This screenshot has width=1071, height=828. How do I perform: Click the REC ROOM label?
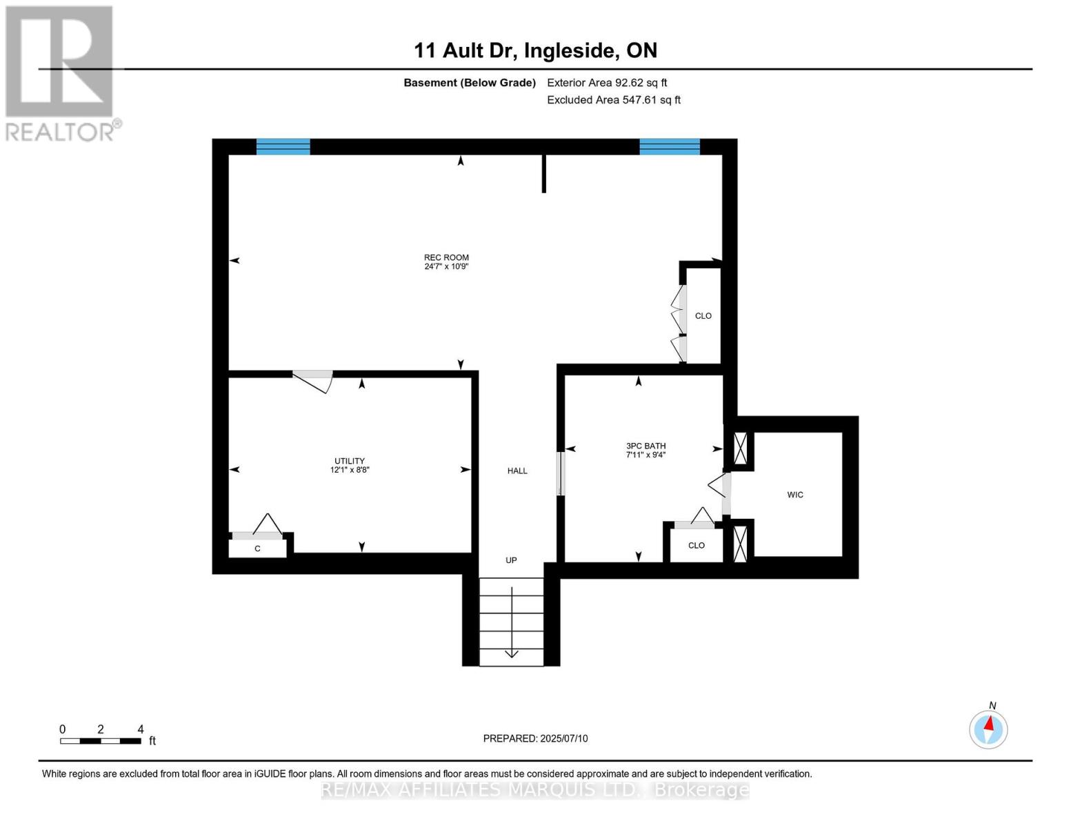(446, 257)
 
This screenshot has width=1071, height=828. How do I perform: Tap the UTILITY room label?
(350, 461)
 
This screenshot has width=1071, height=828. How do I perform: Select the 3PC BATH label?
(645, 446)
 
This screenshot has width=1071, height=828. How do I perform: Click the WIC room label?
(795, 495)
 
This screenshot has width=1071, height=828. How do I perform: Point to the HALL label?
(517, 471)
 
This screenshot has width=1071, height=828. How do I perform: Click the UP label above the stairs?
(511, 560)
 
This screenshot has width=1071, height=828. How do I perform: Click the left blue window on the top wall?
(283, 146)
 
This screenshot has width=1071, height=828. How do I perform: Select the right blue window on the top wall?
(669, 146)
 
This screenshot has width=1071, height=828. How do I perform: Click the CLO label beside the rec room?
(703, 316)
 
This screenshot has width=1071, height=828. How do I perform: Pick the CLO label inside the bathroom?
(697, 545)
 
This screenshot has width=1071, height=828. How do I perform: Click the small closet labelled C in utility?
(257, 549)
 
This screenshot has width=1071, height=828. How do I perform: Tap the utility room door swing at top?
(314, 380)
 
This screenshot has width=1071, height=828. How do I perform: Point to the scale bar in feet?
(101, 740)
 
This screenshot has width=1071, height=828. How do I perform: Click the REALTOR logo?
(61, 72)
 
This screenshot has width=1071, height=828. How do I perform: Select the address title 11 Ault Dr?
(535, 50)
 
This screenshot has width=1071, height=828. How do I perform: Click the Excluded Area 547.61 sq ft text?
(613, 100)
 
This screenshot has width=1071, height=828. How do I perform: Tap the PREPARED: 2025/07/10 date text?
(535, 738)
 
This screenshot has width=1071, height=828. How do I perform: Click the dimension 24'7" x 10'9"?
(446, 266)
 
